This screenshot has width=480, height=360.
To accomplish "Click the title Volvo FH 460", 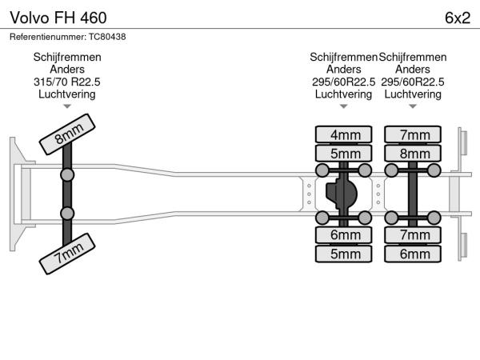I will coord(57,18).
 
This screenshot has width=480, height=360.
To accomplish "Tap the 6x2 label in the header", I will coord(457,18).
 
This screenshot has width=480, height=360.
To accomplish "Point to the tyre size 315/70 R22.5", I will coord(67,82).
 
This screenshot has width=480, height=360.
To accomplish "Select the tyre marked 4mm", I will coord(344,134).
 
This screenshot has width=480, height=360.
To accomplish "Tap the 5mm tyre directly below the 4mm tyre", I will coord(344,154).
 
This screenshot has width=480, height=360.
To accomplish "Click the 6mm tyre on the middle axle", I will coord(344,234).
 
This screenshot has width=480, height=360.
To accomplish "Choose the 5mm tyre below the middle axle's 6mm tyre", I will coord(344,254).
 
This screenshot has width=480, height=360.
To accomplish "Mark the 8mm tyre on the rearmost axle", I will coord(414,154).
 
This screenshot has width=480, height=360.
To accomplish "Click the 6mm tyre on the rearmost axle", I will coord(414,254).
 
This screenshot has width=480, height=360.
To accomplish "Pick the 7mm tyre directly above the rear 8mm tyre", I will coord(414,134).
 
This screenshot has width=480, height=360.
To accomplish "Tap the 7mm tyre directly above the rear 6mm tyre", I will coord(414,234).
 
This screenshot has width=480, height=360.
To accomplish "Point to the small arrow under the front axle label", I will coord(67,106).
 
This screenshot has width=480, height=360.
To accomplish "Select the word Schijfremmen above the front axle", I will coord(67,58).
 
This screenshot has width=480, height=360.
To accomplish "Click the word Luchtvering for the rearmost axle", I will coord(414,94).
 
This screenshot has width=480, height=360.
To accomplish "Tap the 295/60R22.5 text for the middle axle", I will coord(344,82).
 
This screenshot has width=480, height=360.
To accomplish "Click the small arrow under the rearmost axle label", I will coord(414,106).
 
